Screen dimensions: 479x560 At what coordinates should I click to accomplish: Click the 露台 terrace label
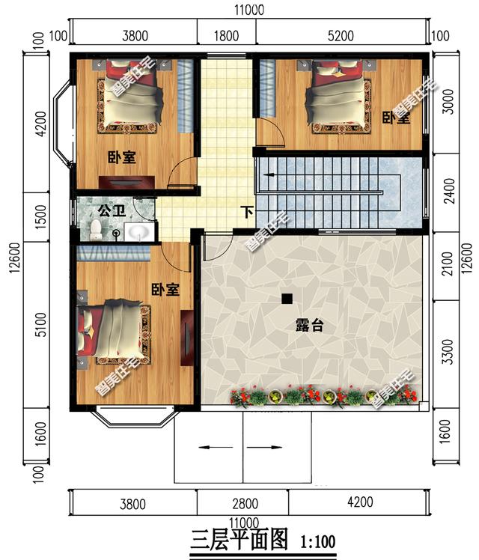(309, 326)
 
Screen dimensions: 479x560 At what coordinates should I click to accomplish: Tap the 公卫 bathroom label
(112, 210)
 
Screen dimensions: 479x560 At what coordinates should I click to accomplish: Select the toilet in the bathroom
(96, 230)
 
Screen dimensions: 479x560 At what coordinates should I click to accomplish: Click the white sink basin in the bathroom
(139, 231)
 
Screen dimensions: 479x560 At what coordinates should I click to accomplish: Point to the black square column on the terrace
(287, 299)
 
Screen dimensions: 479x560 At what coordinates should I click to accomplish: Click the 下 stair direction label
(247, 212)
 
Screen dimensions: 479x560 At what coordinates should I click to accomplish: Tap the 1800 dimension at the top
(226, 36)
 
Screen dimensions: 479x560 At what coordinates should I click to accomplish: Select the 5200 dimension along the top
(341, 36)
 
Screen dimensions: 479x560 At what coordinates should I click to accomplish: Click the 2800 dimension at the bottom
(245, 504)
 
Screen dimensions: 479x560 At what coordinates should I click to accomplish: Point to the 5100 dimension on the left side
(41, 324)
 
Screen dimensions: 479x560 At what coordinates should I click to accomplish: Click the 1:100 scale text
(317, 541)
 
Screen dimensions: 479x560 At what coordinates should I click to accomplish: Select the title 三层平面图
(239, 539)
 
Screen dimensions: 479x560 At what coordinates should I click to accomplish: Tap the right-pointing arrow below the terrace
(264, 447)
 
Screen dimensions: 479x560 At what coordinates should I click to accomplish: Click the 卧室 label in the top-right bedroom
(396, 118)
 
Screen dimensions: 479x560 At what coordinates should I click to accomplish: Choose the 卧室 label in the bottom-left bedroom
(165, 290)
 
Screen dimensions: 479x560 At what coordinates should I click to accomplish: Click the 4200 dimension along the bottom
(360, 502)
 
